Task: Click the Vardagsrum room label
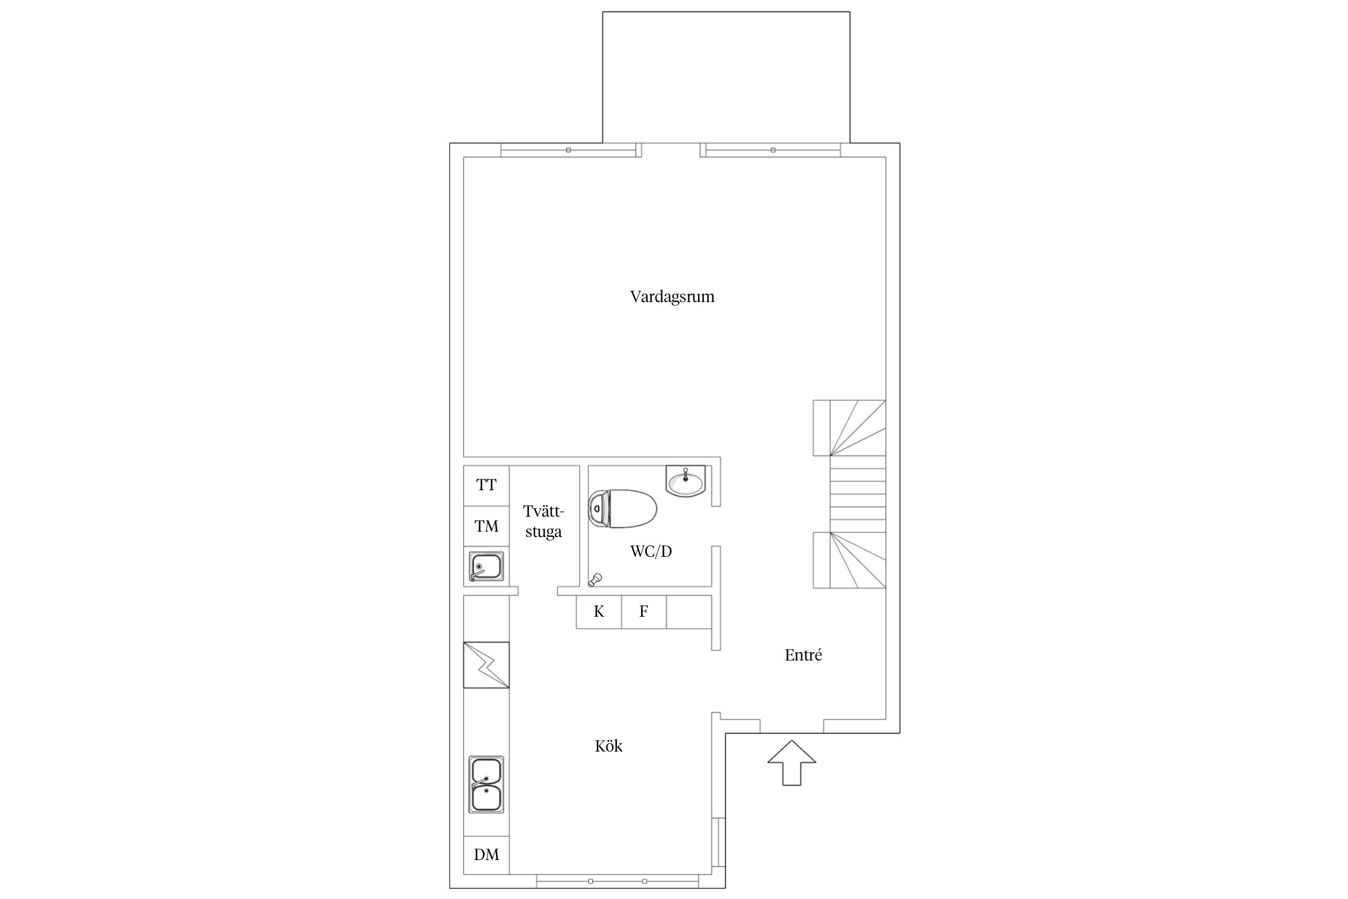coord(672,297)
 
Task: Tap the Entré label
coord(803,655)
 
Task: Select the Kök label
coord(609,746)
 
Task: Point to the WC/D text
coord(651,551)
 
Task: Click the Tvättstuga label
coord(543,521)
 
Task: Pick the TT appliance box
coord(486,486)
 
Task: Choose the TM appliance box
coord(486,527)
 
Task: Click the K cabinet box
coord(599,612)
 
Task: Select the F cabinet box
coord(644,612)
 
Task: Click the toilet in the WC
coord(622,509)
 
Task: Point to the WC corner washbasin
coord(687,481)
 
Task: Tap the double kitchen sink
coord(486,785)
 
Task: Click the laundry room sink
coord(486,567)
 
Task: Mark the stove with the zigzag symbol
coord(486,665)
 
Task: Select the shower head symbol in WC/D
coord(595,580)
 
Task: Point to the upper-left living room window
coord(569,150)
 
